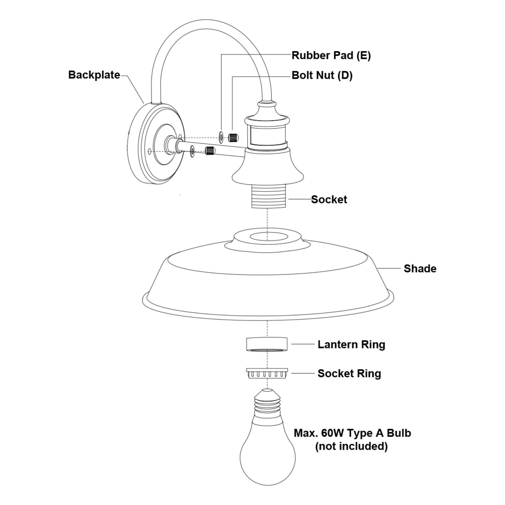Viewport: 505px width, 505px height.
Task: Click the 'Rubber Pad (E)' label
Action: click(x=331, y=55)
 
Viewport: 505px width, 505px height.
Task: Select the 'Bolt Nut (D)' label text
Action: click(x=322, y=75)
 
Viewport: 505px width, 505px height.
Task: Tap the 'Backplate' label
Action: click(x=94, y=75)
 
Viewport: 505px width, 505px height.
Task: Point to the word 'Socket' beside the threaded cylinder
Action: click(x=329, y=199)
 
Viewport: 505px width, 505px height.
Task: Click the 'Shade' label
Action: click(x=420, y=268)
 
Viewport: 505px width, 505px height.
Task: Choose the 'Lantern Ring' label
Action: click(x=351, y=344)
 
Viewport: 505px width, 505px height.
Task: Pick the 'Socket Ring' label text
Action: click(x=349, y=373)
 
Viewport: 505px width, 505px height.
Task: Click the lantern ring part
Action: click(x=267, y=344)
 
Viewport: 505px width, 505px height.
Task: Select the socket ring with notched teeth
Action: click(x=267, y=373)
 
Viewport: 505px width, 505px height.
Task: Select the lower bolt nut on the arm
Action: click(x=210, y=150)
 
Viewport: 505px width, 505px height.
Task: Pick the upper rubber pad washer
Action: click(x=221, y=137)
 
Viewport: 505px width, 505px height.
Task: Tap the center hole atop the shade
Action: click(x=269, y=237)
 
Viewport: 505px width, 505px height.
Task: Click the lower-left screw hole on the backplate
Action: click(x=149, y=151)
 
